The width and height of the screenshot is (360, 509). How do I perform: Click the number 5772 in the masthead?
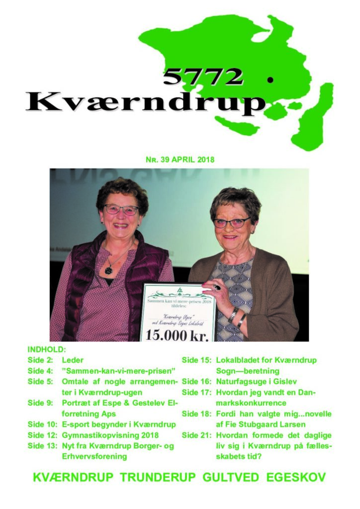[x=203, y=76]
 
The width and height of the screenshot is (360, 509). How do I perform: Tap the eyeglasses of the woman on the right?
[x=231, y=223]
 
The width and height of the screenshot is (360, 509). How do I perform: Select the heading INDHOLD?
[x=47, y=350]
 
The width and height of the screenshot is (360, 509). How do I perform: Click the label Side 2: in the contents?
[x=40, y=360]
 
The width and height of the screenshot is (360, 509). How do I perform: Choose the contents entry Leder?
[x=73, y=360]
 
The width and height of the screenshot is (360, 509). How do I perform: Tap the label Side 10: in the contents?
[x=42, y=424]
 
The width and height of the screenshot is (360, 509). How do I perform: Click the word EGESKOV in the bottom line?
[x=297, y=478]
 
